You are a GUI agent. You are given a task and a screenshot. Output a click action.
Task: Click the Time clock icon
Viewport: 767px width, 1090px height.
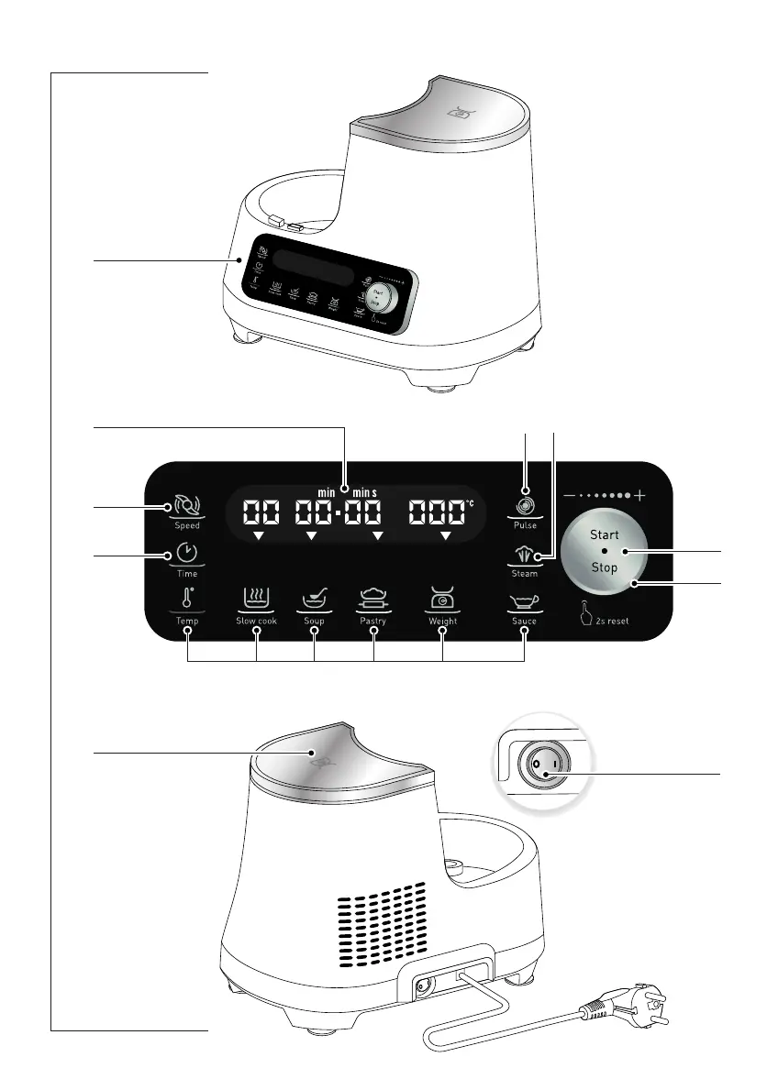(186, 554)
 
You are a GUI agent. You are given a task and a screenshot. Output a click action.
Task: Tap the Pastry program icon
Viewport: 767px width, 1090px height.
(373, 600)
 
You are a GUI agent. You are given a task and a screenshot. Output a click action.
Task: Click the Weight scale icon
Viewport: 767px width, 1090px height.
(443, 600)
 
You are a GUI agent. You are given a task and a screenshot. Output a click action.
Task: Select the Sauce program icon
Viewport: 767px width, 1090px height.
(525, 601)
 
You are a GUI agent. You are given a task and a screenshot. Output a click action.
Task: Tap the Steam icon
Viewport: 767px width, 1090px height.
(525, 556)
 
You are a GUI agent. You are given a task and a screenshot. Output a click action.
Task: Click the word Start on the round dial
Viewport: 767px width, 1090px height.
(605, 534)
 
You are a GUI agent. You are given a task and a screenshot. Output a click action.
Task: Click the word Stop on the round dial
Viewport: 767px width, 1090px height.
(605, 567)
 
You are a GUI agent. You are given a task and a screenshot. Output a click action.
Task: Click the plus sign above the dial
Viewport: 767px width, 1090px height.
(639, 495)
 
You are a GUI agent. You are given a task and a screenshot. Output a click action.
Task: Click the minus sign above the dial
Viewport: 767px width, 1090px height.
(570, 495)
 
